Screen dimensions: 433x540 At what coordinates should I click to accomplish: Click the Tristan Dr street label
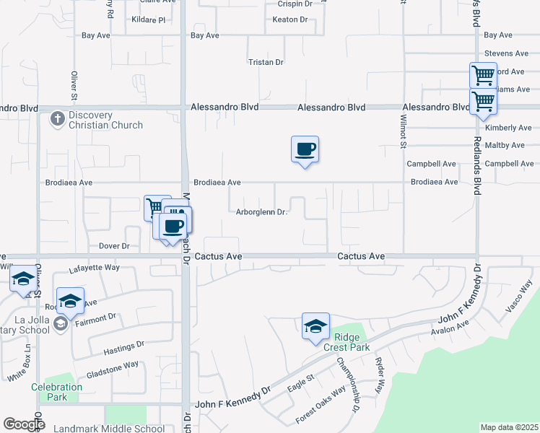(x=266, y=63)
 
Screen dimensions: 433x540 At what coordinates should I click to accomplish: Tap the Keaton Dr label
(x=290, y=19)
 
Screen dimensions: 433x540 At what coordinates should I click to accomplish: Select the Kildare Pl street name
(x=149, y=19)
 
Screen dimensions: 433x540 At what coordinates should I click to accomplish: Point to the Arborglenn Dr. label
(x=262, y=212)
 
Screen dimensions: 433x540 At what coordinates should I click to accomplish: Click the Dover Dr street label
(x=113, y=246)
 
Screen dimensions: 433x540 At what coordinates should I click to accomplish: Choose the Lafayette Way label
(x=94, y=268)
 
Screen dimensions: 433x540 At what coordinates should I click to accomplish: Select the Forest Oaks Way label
(x=321, y=406)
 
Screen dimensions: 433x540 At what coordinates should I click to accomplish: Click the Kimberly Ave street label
(x=508, y=128)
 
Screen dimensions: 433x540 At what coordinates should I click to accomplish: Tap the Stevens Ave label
(x=507, y=53)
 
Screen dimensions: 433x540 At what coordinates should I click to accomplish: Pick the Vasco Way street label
(x=518, y=296)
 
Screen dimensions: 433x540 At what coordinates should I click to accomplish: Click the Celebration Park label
(x=56, y=392)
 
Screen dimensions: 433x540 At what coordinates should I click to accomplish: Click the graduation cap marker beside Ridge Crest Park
(x=315, y=327)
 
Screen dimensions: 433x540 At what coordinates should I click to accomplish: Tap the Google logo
(x=24, y=424)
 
